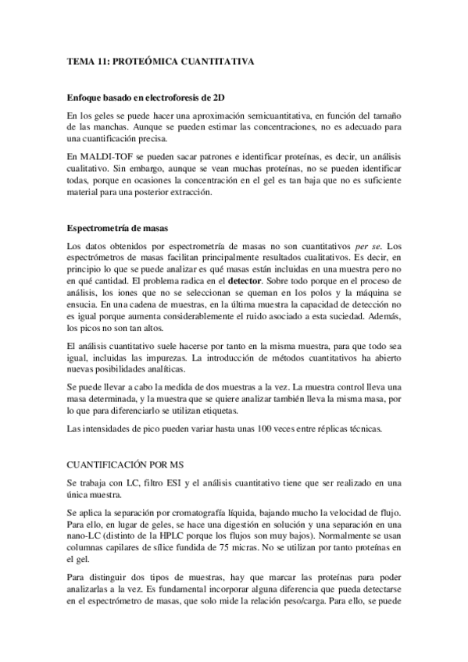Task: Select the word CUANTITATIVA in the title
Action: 216,60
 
